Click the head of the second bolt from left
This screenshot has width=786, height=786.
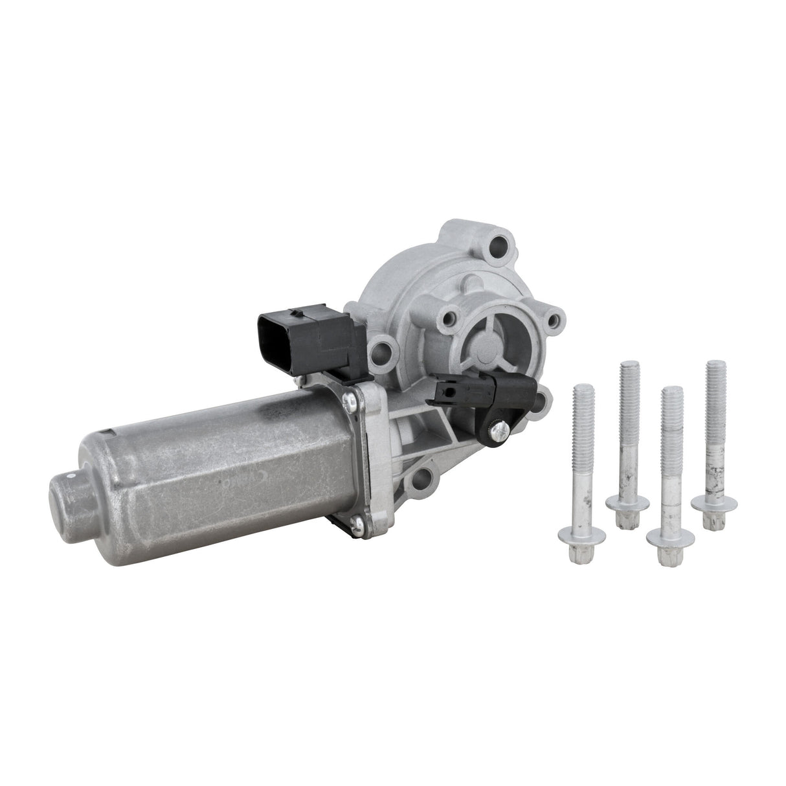tap(627, 503)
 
